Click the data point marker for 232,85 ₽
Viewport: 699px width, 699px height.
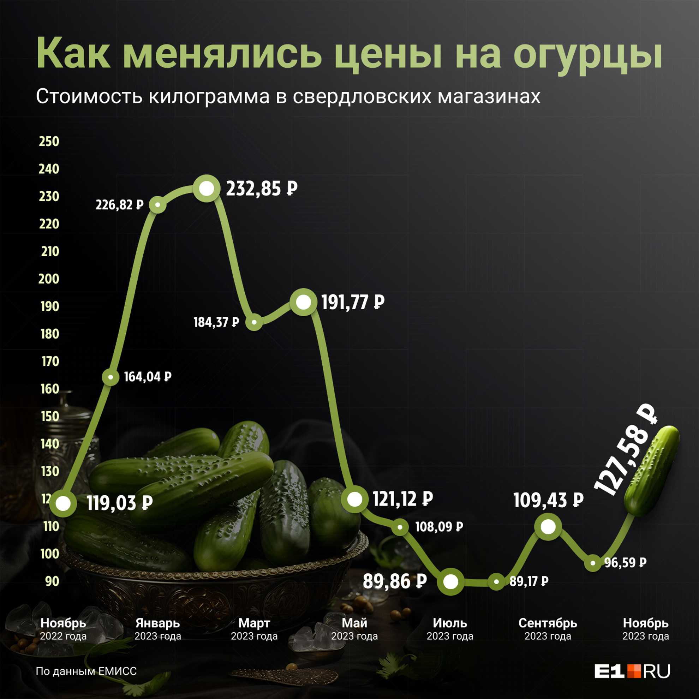207,189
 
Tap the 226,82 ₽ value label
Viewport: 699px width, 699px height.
119,205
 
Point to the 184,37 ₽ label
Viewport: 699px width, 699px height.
216,322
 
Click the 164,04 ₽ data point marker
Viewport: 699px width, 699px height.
110,377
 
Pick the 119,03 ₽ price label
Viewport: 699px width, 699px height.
119,503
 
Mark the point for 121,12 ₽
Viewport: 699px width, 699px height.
354,500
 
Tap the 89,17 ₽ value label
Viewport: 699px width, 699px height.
528,581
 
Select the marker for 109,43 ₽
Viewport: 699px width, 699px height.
548,527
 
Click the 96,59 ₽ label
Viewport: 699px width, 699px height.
625,563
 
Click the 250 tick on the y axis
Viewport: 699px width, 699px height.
49,142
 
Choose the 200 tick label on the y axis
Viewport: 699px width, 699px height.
49,279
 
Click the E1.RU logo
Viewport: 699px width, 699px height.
632,671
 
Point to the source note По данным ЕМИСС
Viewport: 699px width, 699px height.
86,671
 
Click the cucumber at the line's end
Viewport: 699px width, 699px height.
651,470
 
